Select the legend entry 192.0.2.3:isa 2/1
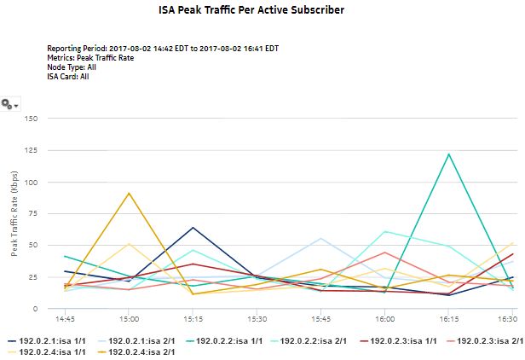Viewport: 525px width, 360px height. click(x=483, y=340)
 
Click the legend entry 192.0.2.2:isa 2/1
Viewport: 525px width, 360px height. click(x=313, y=340)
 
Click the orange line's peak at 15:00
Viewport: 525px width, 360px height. click(x=129, y=193)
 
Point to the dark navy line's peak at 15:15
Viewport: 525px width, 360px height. click(x=193, y=228)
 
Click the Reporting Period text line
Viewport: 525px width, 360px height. click(x=163, y=49)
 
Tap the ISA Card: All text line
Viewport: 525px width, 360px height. click(x=68, y=77)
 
